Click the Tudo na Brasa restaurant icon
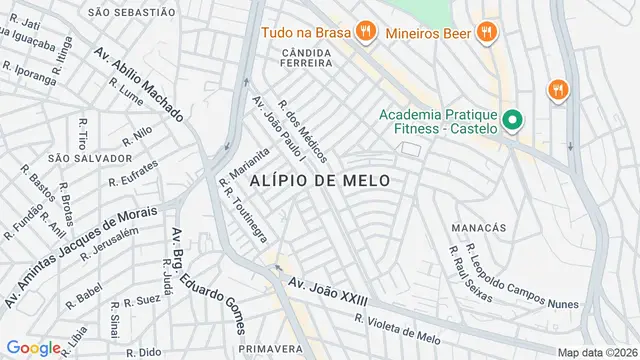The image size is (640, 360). point(365,31)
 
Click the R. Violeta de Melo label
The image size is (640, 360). point(398,328)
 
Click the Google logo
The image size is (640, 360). point(33,348)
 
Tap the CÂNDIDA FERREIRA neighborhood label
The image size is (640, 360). point(294,56)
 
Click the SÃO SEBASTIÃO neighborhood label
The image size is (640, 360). point(124,12)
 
